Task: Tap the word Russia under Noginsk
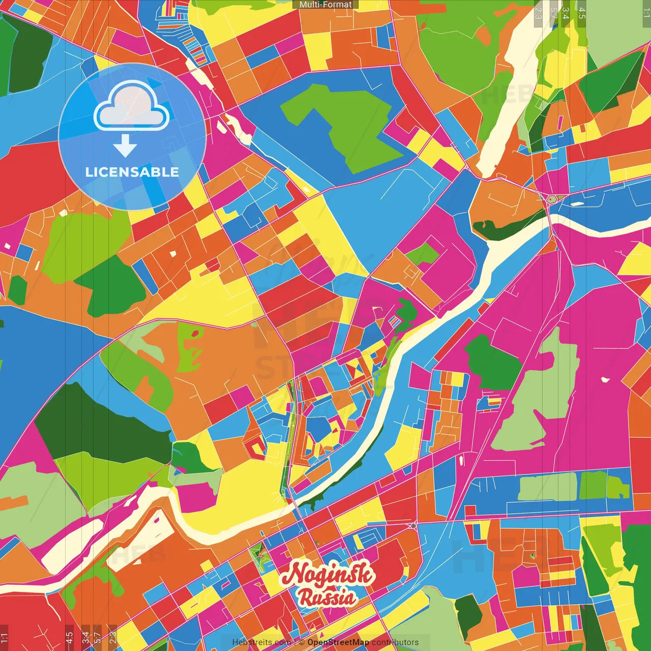point(327,598)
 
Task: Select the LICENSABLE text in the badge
point(132,172)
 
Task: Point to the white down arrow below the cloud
point(125,145)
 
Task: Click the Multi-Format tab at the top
point(325,5)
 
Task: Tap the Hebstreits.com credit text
point(262,642)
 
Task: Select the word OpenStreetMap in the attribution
point(338,642)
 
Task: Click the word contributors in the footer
point(395,642)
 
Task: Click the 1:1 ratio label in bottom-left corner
point(4,637)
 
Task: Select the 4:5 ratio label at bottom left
point(69,637)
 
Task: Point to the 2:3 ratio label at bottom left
point(113,637)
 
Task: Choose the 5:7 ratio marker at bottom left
point(97,637)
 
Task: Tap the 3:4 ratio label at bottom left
point(85,637)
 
